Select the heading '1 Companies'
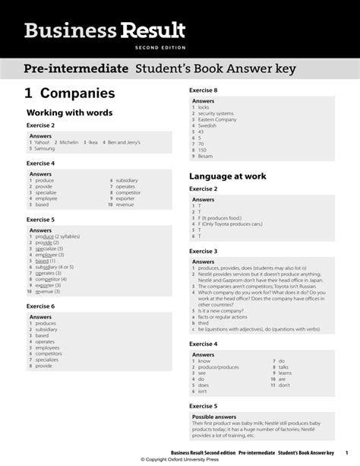tap(70, 94)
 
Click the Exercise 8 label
tap(203, 90)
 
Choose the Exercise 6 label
tap(41, 306)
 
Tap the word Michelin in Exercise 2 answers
tap(71, 142)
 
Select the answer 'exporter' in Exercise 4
tap(126, 198)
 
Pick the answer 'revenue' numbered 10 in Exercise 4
tap(125, 204)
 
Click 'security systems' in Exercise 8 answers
tap(217, 113)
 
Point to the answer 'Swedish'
tap(207, 125)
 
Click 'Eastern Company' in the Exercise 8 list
tap(216, 119)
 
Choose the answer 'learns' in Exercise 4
tap(286, 373)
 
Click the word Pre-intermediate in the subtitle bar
tap(75, 69)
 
